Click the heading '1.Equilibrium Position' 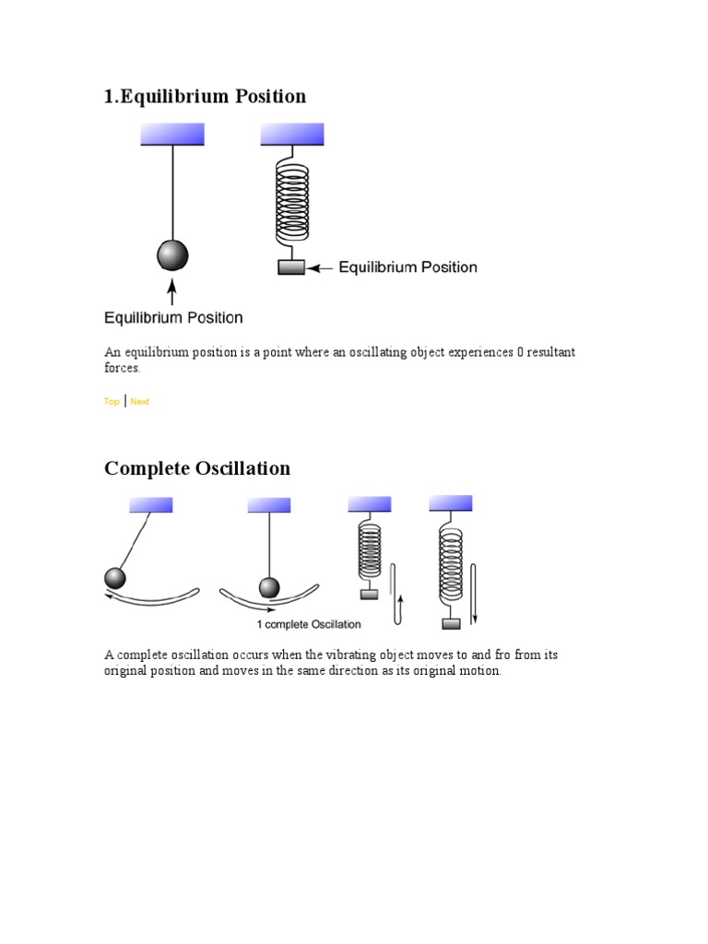point(205,96)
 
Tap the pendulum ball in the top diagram point(172,255)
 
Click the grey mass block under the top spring point(291,266)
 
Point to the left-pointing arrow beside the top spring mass point(320,268)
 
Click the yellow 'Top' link point(112,401)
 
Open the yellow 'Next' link point(140,401)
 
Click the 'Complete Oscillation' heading point(197,467)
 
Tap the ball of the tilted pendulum point(115,578)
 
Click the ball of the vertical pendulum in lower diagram point(269,587)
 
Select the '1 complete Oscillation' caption point(309,624)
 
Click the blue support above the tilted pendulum point(151,504)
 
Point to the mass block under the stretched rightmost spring point(451,624)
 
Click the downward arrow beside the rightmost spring point(474,594)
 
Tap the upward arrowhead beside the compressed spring point(401,598)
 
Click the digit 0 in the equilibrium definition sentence point(520,352)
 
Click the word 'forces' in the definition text point(122,368)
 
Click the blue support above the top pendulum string point(172,135)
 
